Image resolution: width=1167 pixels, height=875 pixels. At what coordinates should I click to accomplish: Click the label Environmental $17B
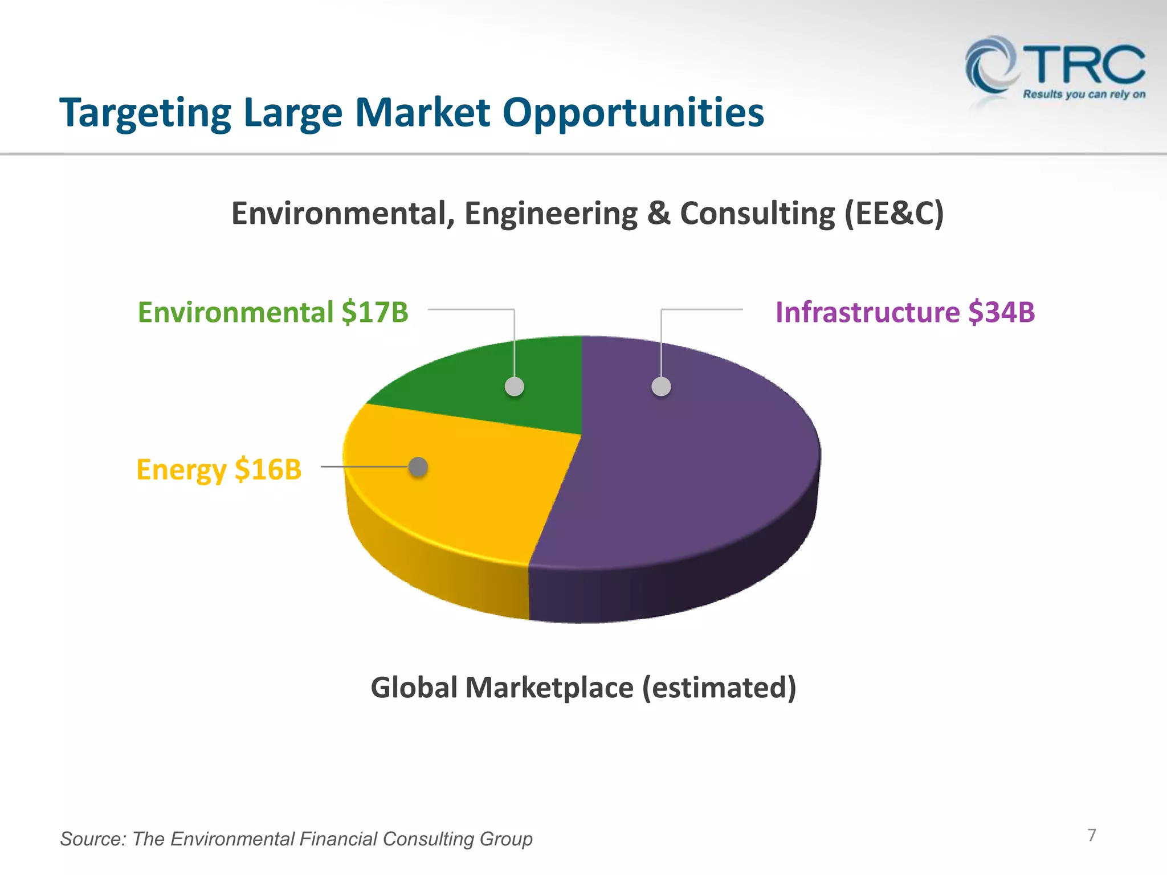tap(273, 312)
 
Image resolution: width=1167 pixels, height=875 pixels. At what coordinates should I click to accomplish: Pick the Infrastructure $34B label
tap(905, 312)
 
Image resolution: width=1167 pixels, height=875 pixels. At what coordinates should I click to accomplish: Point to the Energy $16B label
tap(219, 469)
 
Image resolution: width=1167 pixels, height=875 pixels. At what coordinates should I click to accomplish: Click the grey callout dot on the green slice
tap(515, 387)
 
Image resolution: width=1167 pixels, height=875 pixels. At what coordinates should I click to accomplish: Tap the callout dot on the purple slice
tap(661, 387)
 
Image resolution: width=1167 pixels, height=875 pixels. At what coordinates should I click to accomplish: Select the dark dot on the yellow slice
tap(418, 467)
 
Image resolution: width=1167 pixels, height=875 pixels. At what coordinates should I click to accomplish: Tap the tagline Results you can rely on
tap(1084, 95)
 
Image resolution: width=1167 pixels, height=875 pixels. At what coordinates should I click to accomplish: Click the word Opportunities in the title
tap(633, 113)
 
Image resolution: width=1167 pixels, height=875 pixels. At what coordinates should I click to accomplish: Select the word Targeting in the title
tap(145, 113)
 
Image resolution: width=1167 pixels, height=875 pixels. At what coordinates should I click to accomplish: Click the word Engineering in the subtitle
tap(550, 214)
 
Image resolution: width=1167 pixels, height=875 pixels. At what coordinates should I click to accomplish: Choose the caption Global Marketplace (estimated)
tap(583, 688)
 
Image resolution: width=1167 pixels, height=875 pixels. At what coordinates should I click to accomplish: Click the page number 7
tap(1091, 835)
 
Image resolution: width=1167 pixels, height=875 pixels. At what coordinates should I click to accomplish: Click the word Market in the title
tap(422, 113)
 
